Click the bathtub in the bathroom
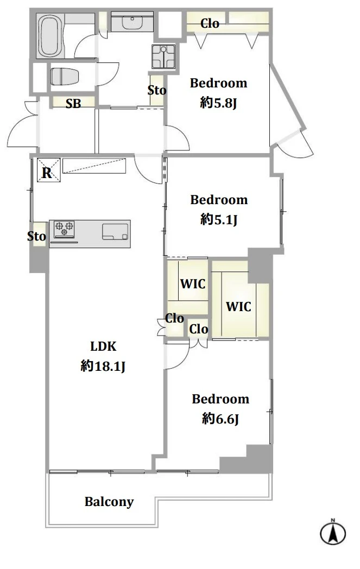click(x=51, y=36)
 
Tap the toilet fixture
click(x=65, y=77)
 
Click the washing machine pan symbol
click(x=163, y=56)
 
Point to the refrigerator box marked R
click(x=48, y=170)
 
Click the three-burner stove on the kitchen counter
click(x=64, y=229)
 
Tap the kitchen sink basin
click(x=115, y=232)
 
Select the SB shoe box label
click(x=73, y=104)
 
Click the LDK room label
click(x=103, y=346)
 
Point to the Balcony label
click(x=109, y=502)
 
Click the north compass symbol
click(x=333, y=532)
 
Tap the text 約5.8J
click(x=218, y=103)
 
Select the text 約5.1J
click(x=219, y=219)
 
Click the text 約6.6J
click(x=220, y=419)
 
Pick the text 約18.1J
click(x=103, y=366)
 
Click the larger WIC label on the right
click(x=238, y=307)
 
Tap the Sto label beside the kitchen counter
click(x=37, y=236)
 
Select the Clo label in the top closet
click(x=210, y=23)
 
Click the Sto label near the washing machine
click(x=157, y=90)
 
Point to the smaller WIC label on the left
click(x=193, y=284)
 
